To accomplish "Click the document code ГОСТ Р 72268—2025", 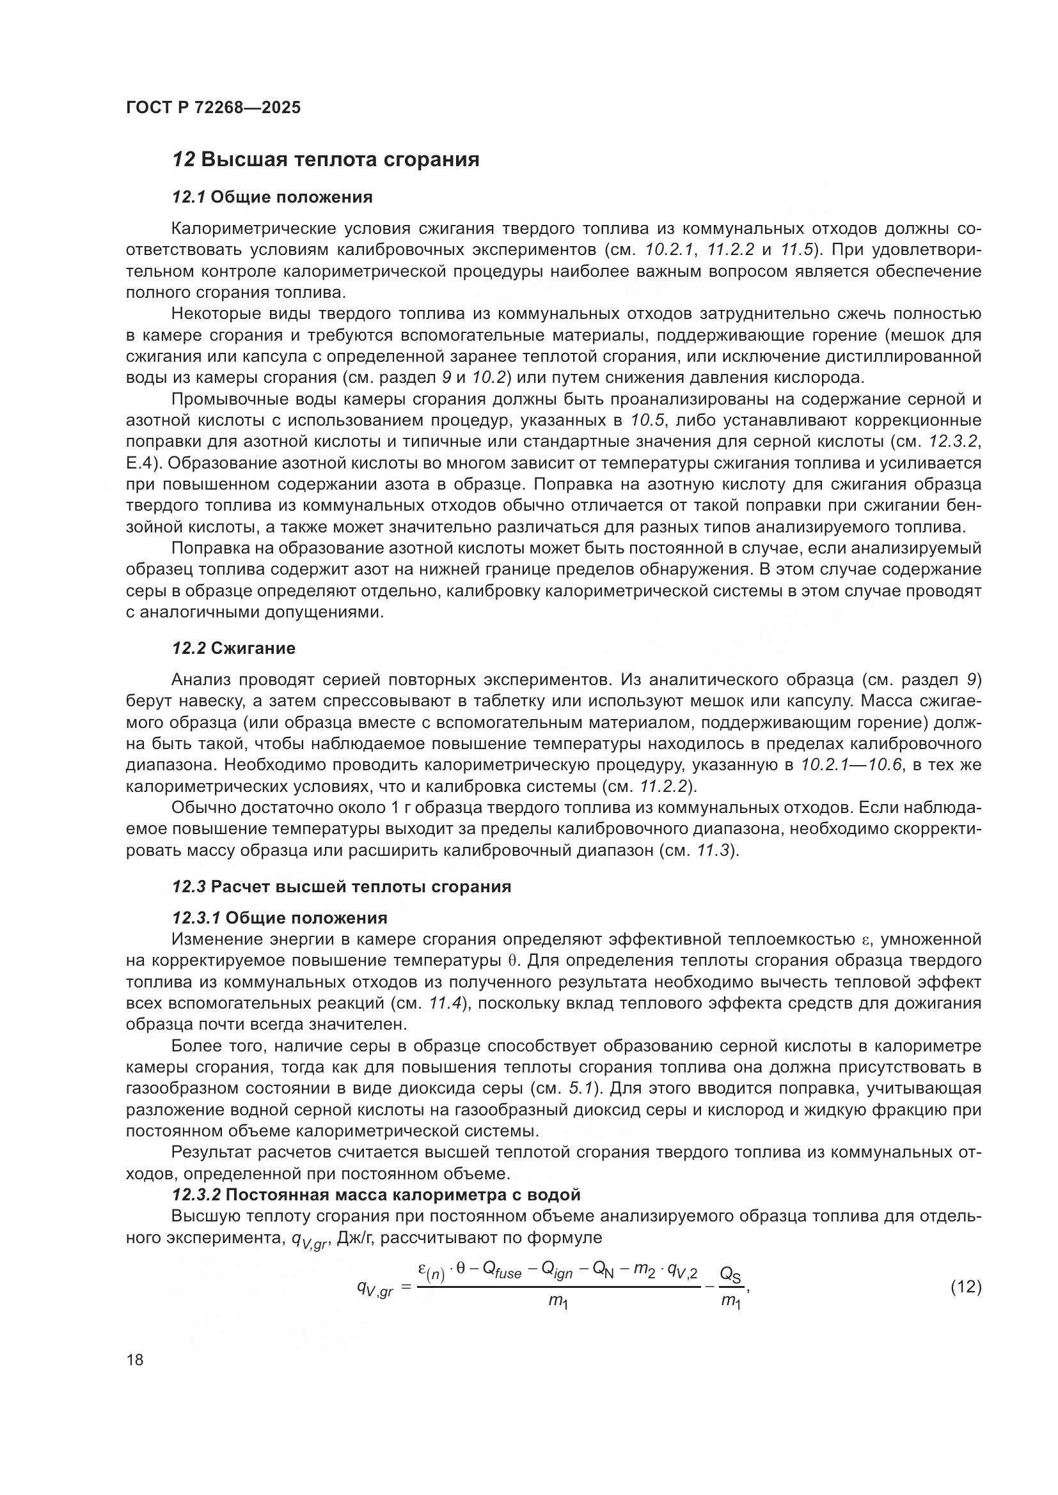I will (213, 107).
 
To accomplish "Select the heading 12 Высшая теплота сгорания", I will (325, 160).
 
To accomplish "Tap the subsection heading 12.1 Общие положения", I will (272, 197).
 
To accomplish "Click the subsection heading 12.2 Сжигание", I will (233, 648).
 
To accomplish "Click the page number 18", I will (135, 1359).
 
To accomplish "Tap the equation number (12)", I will (965, 1287).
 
